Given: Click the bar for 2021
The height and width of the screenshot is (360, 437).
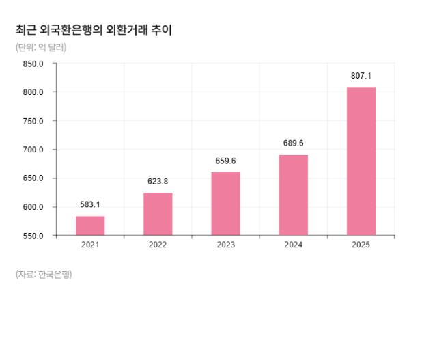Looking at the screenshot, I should coord(90,225).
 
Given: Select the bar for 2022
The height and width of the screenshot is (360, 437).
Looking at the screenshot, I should coord(158,214).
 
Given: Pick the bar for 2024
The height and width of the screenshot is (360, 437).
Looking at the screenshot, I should coord(293,195).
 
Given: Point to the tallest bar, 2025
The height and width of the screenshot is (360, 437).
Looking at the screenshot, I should coord(361,161).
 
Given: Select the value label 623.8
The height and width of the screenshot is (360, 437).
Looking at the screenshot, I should coord(158,182).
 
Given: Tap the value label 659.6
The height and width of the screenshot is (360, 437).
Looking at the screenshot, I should coord(225,161).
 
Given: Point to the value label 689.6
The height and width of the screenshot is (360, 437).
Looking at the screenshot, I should coord(293,143).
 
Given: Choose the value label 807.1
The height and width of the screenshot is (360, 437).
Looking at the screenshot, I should coord(361,76).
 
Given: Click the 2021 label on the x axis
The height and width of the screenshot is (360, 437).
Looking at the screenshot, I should coord(90,245).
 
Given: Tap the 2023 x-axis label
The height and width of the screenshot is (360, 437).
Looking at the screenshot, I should coord(225,245).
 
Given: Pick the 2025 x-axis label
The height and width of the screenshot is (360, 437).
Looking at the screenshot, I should coord(361,245).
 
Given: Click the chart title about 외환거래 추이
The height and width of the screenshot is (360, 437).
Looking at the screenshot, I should coord(93,30).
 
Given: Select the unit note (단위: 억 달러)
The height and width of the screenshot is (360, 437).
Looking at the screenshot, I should coord(41,47).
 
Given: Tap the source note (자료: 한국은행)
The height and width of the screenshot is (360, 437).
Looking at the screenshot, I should coord(44,275).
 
